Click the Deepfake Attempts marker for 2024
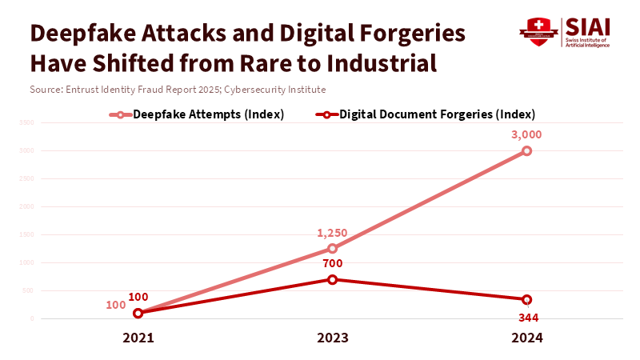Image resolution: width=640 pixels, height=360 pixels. click(x=526, y=150)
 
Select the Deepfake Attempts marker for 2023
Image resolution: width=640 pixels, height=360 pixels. click(x=332, y=248)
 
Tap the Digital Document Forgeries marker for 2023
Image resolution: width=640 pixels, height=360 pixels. click(x=332, y=279)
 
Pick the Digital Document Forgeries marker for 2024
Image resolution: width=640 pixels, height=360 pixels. click(x=526, y=299)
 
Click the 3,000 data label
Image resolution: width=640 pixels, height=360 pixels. click(x=526, y=134)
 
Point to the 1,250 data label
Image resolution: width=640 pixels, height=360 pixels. click(x=332, y=233)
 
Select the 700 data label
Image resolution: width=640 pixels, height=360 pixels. click(x=332, y=263)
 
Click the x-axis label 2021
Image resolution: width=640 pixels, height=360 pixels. click(x=138, y=338)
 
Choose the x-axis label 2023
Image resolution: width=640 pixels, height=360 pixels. click(x=332, y=338)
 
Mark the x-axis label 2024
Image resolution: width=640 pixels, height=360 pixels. click(x=526, y=338)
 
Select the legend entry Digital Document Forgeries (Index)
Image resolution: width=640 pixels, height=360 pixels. click(x=437, y=114)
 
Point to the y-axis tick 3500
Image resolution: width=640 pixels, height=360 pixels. click(x=26, y=122)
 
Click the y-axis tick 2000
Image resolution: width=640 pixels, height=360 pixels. click(x=26, y=206)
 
